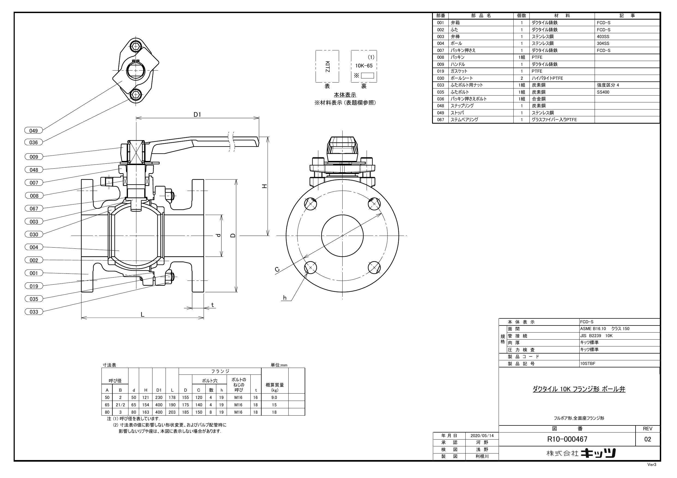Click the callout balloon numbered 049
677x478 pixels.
pos(34,131)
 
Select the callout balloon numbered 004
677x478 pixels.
pos(34,247)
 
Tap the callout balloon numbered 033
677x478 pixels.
pos(34,312)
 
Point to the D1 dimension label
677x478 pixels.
pos(197,115)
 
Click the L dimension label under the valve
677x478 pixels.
pos(142,315)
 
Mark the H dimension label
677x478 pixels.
pos(265,186)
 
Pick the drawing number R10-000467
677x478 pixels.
pos(567,439)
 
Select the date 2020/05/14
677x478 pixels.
pos(482,436)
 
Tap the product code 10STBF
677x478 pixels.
pos(588,363)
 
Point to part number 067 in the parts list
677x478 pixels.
pos(441,120)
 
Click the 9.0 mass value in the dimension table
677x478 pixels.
pos(274,397)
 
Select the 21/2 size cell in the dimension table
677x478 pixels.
pos(120,405)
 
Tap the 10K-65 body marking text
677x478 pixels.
pos(364,66)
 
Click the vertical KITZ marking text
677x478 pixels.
pos(327,66)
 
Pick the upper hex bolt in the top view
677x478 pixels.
pos(136,46)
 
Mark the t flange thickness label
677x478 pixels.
pos(212,305)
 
